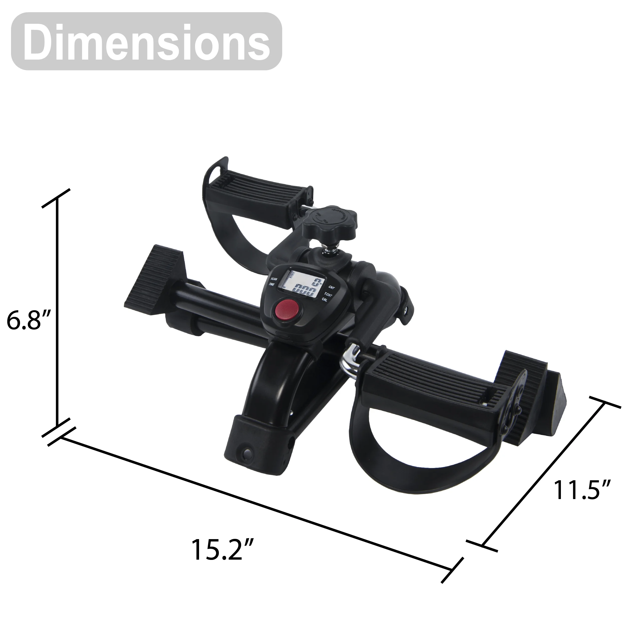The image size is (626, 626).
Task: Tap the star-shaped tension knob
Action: (x=330, y=220)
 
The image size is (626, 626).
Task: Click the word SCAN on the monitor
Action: (x=274, y=279)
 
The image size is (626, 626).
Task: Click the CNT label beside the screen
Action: (x=332, y=287)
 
